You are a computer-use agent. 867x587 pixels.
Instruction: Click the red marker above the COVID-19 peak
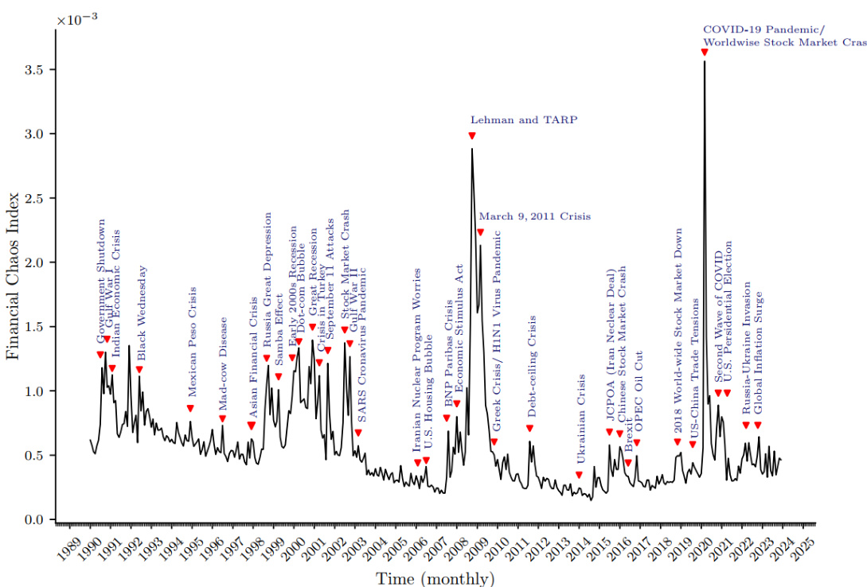point(704,52)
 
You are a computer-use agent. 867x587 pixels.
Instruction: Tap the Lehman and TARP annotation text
point(523,120)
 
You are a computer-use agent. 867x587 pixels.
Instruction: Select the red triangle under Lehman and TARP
point(472,136)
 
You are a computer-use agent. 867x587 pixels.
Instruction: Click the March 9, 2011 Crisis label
point(534,216)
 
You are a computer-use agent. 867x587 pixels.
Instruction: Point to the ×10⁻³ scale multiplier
point(76,18)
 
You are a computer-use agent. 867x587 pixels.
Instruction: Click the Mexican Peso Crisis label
point(192,347)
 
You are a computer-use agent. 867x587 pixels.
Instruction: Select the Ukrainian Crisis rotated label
point(581,419)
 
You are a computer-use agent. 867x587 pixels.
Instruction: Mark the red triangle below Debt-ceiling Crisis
point(529,429)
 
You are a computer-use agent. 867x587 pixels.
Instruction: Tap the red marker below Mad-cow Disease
point(222,419)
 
